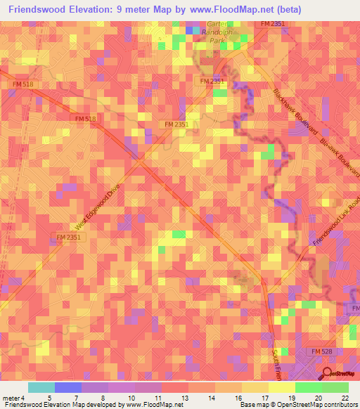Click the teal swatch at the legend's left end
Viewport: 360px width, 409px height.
[41, 387]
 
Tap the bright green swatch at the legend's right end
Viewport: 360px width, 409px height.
[335, 387]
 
